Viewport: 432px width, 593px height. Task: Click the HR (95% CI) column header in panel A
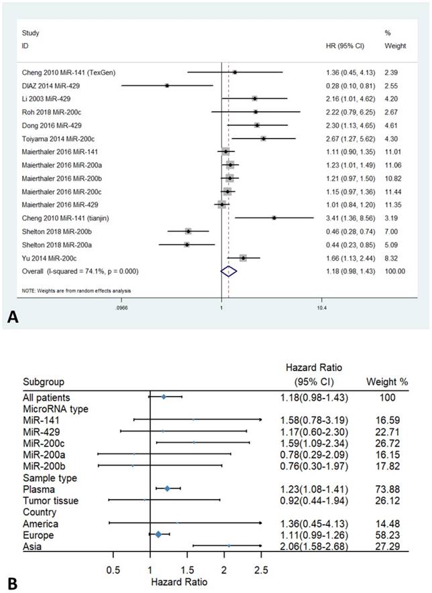[341, 45]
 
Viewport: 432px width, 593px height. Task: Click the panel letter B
[11, 583]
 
